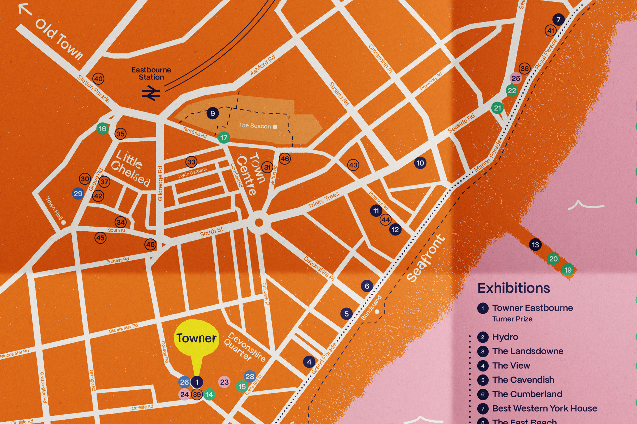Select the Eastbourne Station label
(151, 73)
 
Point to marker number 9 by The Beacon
(212, 113)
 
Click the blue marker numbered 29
(78, 194)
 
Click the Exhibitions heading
(514, 288)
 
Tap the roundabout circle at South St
(259, 222)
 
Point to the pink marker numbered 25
(515, 78)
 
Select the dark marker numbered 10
(420, 163)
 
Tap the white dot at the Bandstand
(377, 312)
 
